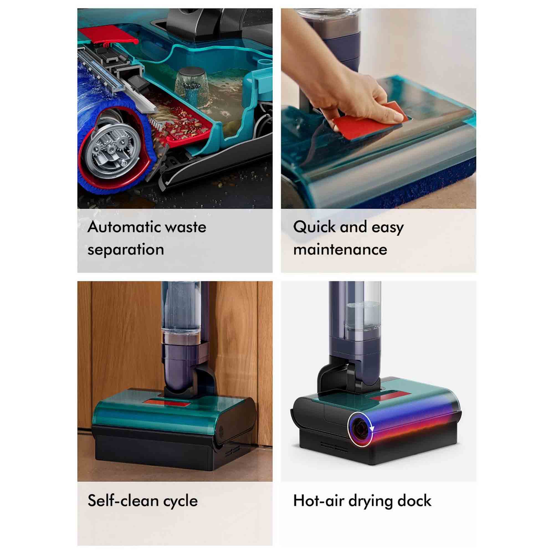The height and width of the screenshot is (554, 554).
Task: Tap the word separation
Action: click(125, 250)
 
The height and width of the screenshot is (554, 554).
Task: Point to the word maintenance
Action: click(340, 249)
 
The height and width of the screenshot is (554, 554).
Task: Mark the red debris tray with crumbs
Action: click(184, 126)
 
